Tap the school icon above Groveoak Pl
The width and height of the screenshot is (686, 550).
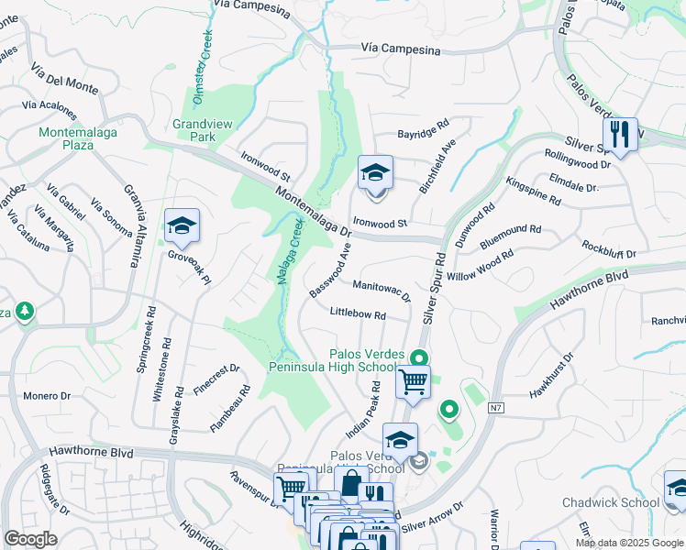183,226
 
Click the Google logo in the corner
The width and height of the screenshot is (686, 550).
30,539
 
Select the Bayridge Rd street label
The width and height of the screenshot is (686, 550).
423,134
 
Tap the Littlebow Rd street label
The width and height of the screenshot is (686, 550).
357,314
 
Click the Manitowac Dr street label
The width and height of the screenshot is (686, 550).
382,290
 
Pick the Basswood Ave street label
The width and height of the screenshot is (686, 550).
330,269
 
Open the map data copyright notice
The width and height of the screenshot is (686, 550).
630,543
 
